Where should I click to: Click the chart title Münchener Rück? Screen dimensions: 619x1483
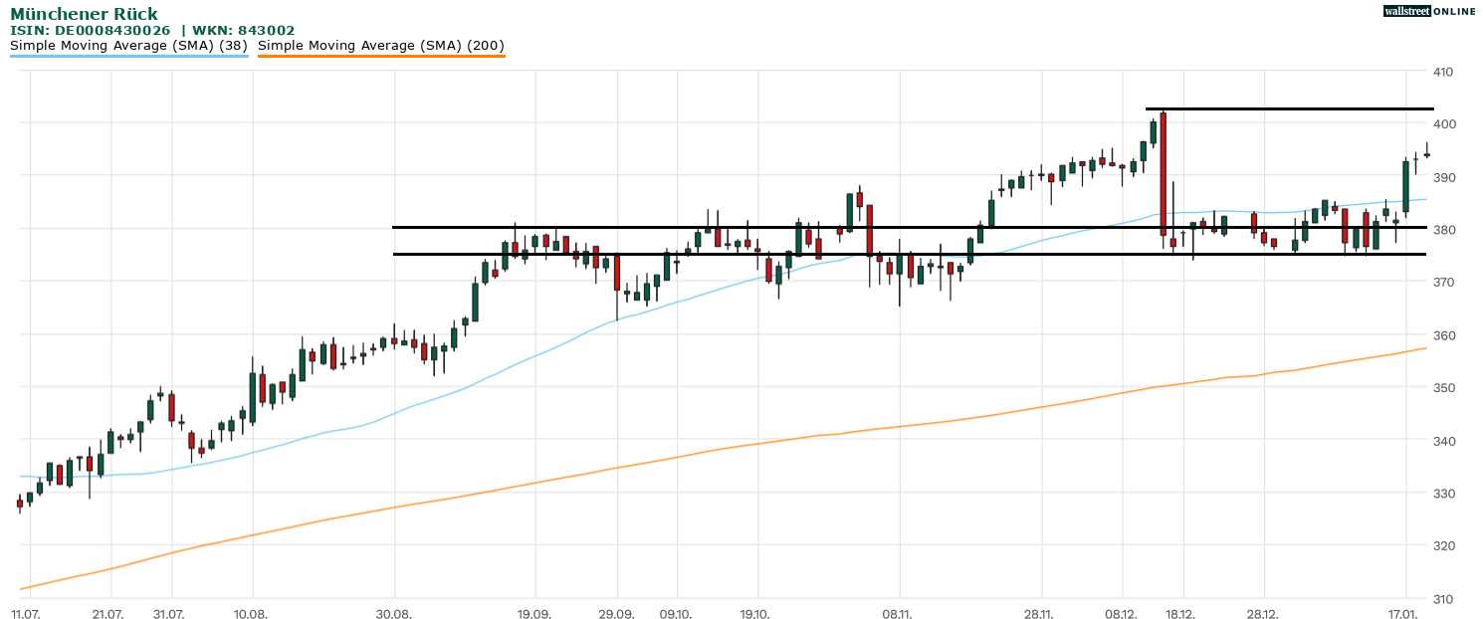click(84, 14)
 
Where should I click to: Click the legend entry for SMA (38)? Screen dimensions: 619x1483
click(128, 46)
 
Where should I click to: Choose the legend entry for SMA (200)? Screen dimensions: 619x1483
click(381, 46)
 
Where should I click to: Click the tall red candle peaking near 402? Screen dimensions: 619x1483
click(1163, 174)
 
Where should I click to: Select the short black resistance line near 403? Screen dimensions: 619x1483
click(1289, 108)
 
